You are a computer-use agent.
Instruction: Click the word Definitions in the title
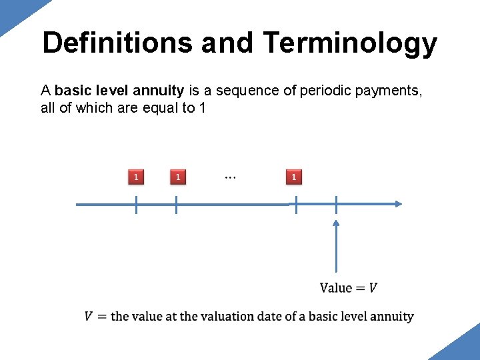click(117, 43)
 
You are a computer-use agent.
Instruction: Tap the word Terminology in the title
click(350, 43)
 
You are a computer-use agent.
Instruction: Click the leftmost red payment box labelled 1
click(136, 177)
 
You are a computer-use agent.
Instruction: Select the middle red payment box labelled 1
click(178, 177)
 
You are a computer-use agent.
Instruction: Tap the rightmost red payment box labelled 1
click(294, 177)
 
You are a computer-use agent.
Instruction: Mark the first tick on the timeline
click(136, 205)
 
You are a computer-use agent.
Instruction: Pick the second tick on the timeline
click(176, 205)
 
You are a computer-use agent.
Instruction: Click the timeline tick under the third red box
click(296, 205)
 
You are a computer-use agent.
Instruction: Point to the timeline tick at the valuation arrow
click(336, 205)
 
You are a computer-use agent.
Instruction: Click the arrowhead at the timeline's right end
click(397, 205)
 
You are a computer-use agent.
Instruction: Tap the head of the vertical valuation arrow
click(336, 224)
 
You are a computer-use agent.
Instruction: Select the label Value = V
click(348, 288)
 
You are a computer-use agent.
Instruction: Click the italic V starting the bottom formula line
click(89, 317)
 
